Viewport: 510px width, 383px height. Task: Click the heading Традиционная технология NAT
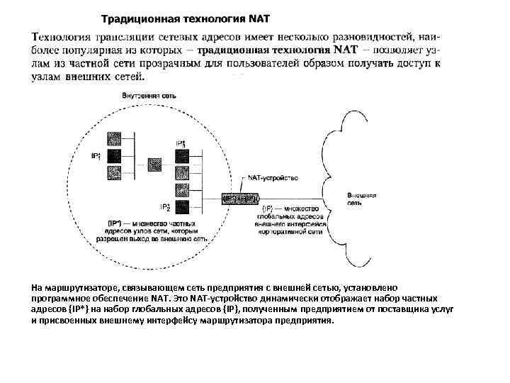point(185,18)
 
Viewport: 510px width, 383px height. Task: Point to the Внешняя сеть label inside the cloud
point(362,198)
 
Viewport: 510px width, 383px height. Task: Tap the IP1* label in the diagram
point(96,155)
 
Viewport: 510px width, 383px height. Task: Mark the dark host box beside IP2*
point(181,208)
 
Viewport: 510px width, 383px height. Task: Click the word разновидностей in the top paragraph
point(368,36)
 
